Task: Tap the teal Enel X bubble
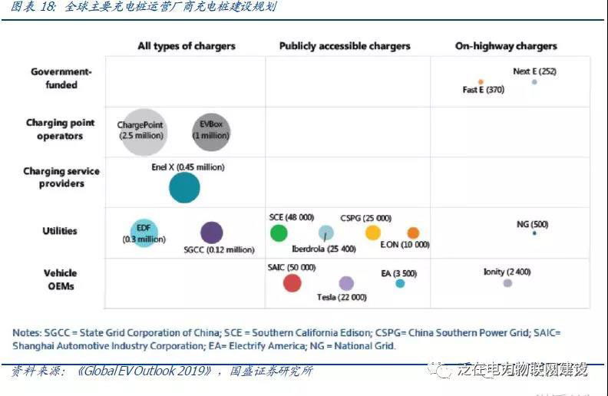[184, 187]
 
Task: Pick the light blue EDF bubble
[144, 233]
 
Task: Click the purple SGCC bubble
[211, 233]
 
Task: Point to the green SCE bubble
[279, 233]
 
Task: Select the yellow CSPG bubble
[372, 233]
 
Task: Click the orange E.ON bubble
[413, 233]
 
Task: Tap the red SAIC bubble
[292, 283]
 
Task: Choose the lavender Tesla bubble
[346, 283]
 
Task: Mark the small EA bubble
[400, 283]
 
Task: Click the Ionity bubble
[507, 283]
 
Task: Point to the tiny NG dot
[534, 233]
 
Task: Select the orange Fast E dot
[481, 81]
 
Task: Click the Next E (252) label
[534, 71]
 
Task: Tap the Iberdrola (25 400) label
[324, 248]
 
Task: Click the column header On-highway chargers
[506, 46]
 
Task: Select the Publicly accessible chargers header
[345, 46]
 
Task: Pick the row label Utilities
[60, 231]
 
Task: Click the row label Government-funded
[61, 78]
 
